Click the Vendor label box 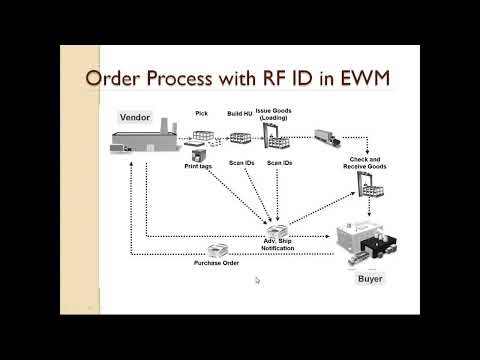135,117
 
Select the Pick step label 201,114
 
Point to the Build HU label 239,114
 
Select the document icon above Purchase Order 215,249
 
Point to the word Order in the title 119,78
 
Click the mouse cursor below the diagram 257,281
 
